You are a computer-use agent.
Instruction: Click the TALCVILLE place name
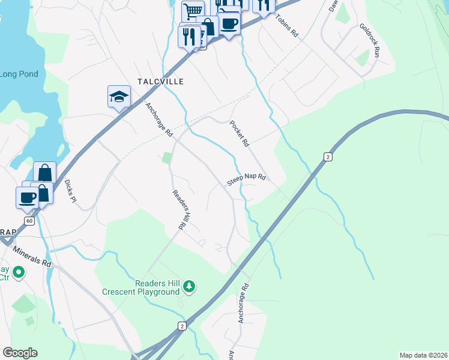coord(160,81)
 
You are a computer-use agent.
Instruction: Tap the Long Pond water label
coord(19,74)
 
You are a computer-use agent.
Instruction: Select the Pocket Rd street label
coord(239,134)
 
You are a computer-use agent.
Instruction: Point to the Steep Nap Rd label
coord(246,179)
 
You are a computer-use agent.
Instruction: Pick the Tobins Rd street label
coord(287,26)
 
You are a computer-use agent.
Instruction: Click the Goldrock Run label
coord(370,40)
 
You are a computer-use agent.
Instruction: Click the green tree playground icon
coord(190,287)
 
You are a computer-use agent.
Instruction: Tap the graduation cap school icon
coord(119,96)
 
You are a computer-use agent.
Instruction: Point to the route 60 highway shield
coord(29,221)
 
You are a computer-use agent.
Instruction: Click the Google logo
coord(20,353)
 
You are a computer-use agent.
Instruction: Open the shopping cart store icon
coord(193,11)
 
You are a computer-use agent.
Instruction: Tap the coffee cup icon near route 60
coord(27,197)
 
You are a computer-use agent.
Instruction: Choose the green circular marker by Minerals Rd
coord(19,273)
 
